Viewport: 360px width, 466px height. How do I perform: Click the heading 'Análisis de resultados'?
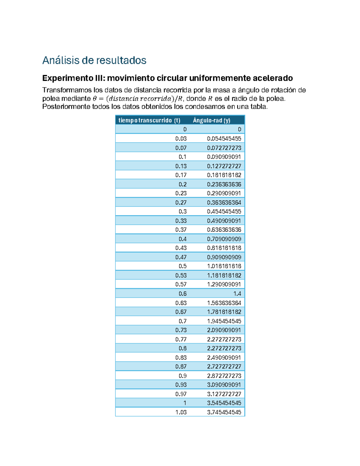pyautogui.click(x=94, y=60)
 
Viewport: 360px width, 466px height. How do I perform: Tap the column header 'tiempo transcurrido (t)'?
pyautogui.click(x=149, y=120)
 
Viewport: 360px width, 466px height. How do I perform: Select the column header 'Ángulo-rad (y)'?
pyautogui.click(x=211, y=120)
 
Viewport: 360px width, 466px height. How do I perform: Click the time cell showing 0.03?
pyautogui.click(x=181, y=139)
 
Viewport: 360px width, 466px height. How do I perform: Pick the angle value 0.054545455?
pyautogui.click(x=224, y=139)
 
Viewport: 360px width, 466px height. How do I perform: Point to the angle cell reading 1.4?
pyautogui.click(x=237, y=293)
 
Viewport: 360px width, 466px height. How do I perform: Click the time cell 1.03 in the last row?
pyautogui.click(x=181, y=412)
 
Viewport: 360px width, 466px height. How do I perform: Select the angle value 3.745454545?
pyautogui.click(x=224, y=412)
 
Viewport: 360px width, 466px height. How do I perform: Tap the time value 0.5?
pyautogui.click(x=182, y=266)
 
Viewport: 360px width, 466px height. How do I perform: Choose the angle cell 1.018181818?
pyautogui.click(x=224, y=266)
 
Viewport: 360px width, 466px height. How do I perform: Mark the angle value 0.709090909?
pyautogui.click(x=224, y=239)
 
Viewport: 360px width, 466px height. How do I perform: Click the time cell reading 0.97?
pyautogui.click(x=181, y=394)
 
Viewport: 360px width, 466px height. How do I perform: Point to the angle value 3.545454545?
pyautogui.click(x=224, y=403)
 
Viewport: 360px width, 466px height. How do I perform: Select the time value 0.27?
pyautogui.click(x=181, y=202)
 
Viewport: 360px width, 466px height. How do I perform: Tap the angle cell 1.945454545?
pyautogui.click(x=224, y=321)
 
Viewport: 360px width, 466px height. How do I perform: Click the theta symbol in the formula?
pyautogui.click(x=95, y=98)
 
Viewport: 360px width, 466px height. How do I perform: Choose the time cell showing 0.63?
pyautogui.click(x=181, y=302)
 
